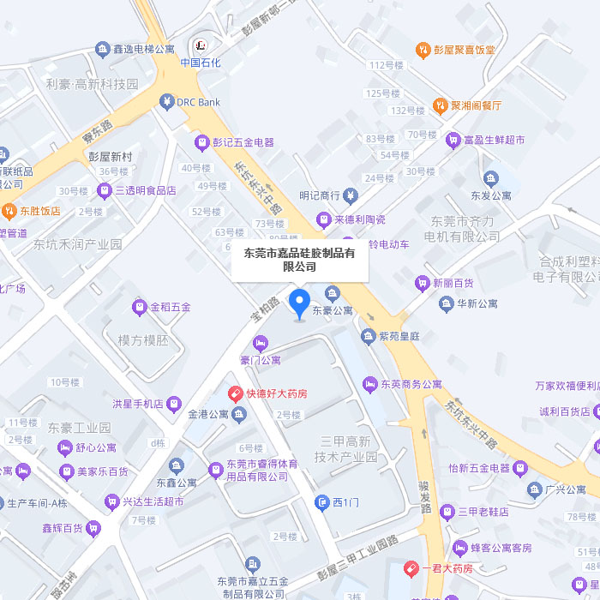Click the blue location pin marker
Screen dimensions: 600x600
coord(299,303)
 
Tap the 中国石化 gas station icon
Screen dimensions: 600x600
coord(201,45)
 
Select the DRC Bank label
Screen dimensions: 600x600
coord(198,102)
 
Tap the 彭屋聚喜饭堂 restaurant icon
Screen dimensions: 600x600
coord(422,50)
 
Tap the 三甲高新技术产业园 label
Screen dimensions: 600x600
coord(346,448)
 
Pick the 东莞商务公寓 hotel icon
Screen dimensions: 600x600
coord(369,384)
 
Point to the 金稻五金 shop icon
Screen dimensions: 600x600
coord(139,306)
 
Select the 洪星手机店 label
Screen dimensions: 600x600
coord(137,403)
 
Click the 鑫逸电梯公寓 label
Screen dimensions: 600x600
coord(143,50)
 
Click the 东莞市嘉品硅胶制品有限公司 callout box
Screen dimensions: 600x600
coord(300,260)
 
